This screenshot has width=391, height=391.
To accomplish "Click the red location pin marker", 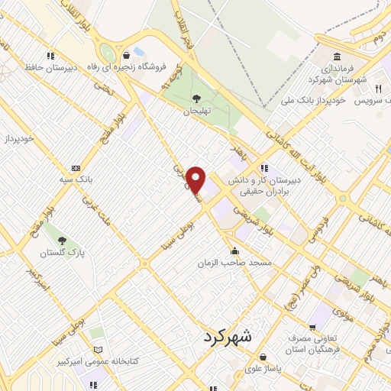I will tap(197, 179).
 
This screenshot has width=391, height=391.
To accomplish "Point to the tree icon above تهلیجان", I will tap(196, 98).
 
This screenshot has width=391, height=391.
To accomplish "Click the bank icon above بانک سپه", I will tap(76, 168).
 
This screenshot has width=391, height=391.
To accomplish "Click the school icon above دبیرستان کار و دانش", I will tap(263, 168).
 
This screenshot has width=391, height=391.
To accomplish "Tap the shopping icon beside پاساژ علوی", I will tap(263, 356).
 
